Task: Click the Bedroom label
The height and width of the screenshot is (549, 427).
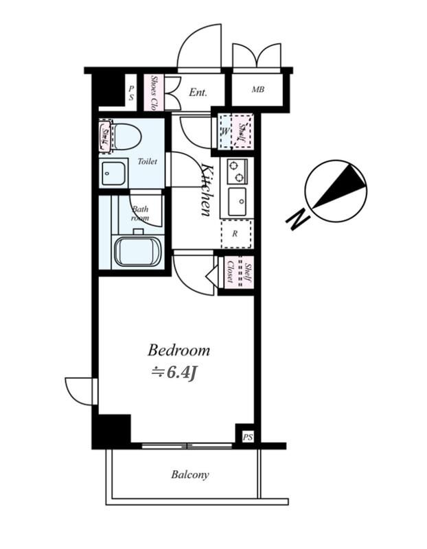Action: tap(178, 351)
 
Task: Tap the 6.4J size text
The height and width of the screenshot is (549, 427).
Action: tap(180, 373)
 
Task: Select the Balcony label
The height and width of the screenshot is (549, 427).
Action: tap(190, 475)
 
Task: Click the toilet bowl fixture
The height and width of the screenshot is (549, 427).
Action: tap(126, 137)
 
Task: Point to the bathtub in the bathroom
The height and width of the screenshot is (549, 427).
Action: tap(138, 252)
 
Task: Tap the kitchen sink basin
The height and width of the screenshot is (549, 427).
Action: tap(238, 202)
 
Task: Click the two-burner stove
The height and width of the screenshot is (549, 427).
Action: tap(237, 171)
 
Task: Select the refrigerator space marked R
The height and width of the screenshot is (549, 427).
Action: tap(236, 234)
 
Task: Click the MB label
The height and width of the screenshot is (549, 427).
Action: tap(258, 90)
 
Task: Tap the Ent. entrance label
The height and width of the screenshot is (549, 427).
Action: tap(198, 93)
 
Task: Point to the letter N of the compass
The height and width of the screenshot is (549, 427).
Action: tap(298, 220)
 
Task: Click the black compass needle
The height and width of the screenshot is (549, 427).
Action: tap(339, 186)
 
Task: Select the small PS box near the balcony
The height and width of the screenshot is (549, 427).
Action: tap(248, 437)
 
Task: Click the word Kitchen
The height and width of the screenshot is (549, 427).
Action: tap(207, 189)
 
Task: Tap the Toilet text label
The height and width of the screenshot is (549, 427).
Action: tap(148, 161)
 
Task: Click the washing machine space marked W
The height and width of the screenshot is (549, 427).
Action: tap(225, 132)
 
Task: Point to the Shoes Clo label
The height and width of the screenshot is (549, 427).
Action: tap(153, 93)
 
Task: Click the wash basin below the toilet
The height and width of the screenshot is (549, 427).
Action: tap(113, 174)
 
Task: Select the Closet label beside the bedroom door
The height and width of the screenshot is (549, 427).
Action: tap(230, 272)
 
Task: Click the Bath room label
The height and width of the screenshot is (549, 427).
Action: tap(140, 213)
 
